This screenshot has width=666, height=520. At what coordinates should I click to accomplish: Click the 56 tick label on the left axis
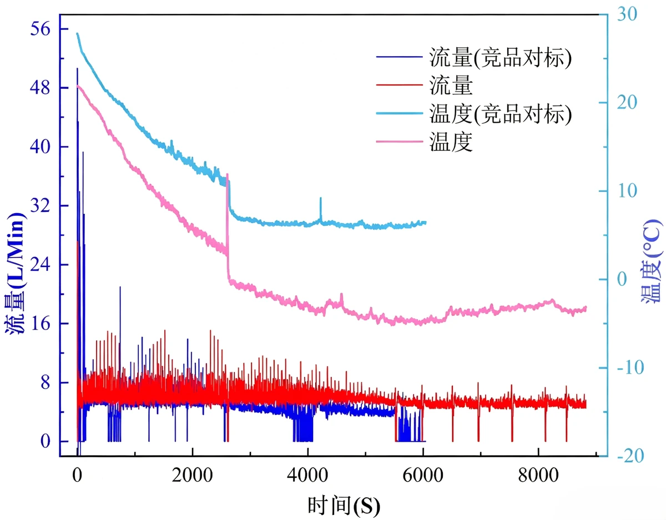40,29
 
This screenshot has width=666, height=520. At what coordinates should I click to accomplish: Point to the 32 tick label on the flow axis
40,205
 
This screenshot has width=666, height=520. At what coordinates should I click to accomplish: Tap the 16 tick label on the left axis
40,324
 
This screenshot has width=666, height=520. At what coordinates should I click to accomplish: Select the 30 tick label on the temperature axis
627,14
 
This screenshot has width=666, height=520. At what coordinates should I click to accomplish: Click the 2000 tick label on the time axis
192,476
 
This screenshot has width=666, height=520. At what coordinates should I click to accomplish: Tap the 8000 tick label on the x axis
538,476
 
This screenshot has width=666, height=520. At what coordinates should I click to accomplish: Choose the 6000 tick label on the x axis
423,476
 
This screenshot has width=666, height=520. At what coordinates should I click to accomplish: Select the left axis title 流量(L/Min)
15,273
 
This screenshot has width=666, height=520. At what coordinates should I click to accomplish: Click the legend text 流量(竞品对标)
501,57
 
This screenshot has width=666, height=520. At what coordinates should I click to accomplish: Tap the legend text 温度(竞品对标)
501,114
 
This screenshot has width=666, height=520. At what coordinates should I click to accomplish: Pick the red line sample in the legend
400,84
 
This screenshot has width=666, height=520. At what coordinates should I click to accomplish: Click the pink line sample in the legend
400,142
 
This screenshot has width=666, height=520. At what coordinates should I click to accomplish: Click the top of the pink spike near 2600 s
227,174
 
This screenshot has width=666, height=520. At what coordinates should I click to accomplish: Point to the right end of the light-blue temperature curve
426,223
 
